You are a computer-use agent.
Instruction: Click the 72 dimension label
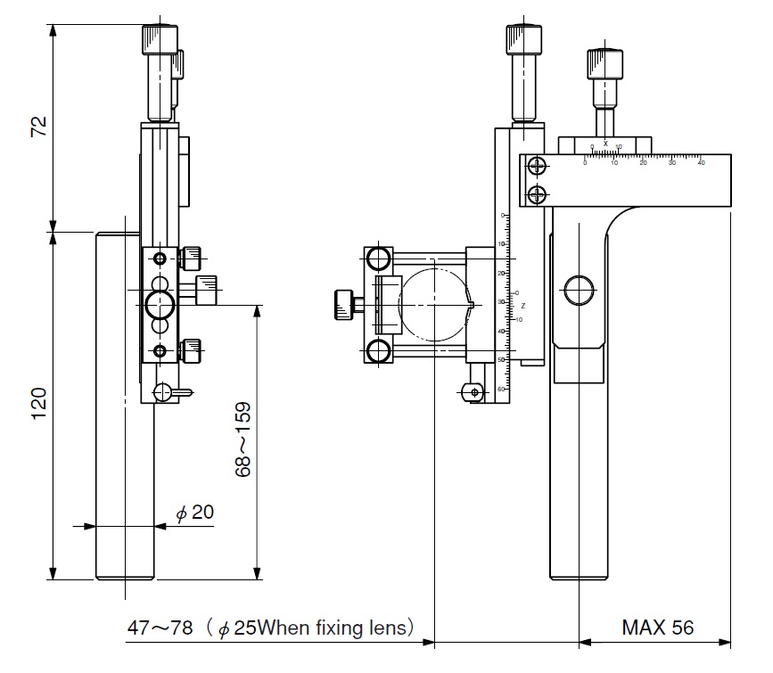pos(37,126)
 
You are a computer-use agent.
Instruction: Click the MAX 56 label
pos(657,628)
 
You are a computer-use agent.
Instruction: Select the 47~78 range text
pos(160,628)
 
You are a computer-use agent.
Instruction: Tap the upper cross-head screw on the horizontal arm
pos(536,166)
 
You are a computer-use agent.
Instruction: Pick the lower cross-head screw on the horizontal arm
pos(536,193)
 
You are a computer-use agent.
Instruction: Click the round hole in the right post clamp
pos(579,290)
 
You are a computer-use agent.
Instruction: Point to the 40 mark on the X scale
pos(701,162)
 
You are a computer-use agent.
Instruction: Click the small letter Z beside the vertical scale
pos(523,306)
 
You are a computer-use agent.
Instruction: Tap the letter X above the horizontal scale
pos(605,143)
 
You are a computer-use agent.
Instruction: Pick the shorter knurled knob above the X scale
pos(604,64)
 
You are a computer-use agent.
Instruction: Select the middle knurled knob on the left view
pos(207,289)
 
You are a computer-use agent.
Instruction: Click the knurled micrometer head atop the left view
pos(159,41)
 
